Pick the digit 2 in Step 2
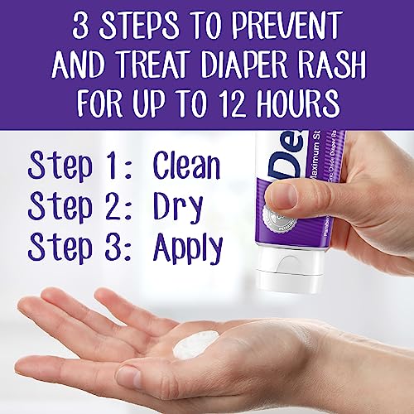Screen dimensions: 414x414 point(114,206)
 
